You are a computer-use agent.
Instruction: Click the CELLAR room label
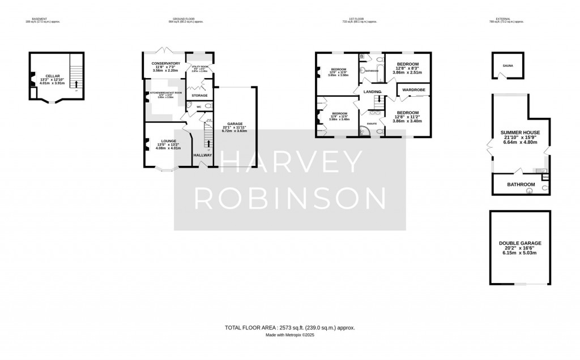pyautogui.click(x=53, y=75)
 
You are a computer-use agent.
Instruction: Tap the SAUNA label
pyautogui.click(x=507, y=66)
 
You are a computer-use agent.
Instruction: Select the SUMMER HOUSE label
pyautogui.click(x=520, y=132)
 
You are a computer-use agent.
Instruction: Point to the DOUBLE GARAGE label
pyautogui.click(x=519, y=243)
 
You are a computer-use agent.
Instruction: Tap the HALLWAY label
pyautogui.click(x=203, y=155)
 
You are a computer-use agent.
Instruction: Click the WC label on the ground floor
pyautogui.click(x=198, y=106)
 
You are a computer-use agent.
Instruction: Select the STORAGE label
pyautogui.click(x=200, y=96)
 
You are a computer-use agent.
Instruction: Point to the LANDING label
pyautogui.click(x=372, y=91)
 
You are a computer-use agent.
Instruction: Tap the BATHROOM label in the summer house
pyautogui.click(x=521, y=185)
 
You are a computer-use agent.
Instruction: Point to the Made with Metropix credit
pyautogui.click(x=289, y=335)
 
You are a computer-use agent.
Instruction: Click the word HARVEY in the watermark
pyautogui.click(x=289, y=163)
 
